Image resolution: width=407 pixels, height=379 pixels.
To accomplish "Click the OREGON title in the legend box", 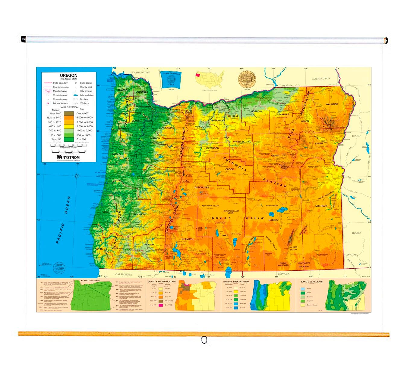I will (x=68, y=75).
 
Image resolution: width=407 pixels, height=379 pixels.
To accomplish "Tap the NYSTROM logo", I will (x=68, y=157).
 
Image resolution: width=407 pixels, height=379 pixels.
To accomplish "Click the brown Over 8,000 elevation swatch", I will (x=69, y=113).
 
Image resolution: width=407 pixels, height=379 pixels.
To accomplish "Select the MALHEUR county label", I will (x=321, y=206).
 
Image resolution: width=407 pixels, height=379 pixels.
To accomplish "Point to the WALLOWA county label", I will (x=332, y=104).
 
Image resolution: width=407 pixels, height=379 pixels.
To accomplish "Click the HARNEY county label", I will (x=273, y=220).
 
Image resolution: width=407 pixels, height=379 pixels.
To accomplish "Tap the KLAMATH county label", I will (x=188, y=239).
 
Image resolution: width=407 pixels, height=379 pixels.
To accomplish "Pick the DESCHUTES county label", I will (x=201, y=187).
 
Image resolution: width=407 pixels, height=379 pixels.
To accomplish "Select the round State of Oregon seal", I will (x=247, y=79).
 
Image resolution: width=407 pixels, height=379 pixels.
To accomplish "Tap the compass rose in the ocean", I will (x=77, y=176).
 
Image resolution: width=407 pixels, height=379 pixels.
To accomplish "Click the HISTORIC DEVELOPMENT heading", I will (x=90, y=280).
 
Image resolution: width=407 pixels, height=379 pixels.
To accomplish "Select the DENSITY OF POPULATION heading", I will (x=162, y=282).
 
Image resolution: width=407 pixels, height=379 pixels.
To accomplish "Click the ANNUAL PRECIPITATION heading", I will (x=236, y=282).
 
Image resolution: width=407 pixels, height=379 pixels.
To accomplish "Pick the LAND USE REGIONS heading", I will (x=312, y=282).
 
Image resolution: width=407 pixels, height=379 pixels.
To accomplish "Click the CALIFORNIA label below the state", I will (x=124, y=274).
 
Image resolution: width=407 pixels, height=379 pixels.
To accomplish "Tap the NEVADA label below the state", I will (x=283, y=274).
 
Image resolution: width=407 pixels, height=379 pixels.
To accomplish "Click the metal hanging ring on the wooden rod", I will (x=204, y=340).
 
